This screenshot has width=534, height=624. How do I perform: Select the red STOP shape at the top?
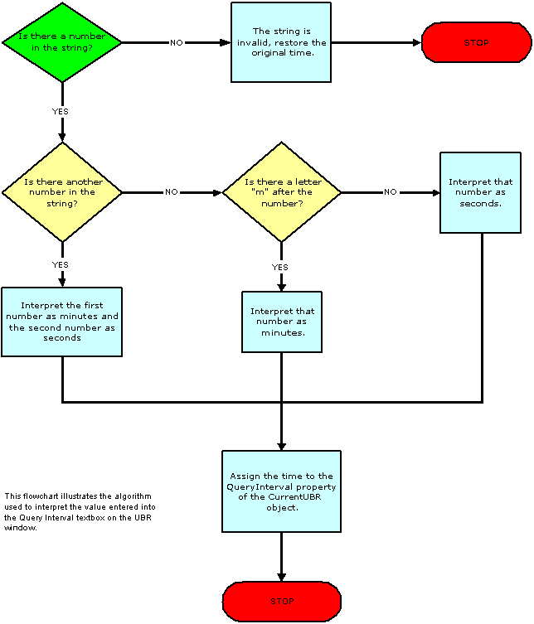[477, 42]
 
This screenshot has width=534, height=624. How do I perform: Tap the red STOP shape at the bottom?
[282, 602]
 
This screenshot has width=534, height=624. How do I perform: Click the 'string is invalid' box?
[281, 42]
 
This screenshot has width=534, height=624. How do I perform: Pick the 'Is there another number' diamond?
[62, 192]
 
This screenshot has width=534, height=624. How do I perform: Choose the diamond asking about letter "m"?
[282, 192]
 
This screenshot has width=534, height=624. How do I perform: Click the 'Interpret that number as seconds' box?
[480, 192]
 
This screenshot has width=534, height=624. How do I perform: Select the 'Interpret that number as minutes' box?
[282, 322]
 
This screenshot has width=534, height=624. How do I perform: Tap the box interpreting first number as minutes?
[62, 322]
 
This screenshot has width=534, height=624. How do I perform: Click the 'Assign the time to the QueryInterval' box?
[281, 491]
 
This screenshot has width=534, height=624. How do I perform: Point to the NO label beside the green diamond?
[177, 42]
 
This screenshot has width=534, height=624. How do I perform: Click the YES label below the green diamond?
[61, 110]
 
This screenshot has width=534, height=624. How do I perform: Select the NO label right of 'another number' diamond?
[171, 192]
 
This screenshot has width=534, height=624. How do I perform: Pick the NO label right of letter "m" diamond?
[390, 192]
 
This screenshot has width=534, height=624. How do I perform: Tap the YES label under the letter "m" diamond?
[280, 267]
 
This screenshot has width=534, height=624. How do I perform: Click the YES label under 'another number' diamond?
[61, 264]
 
